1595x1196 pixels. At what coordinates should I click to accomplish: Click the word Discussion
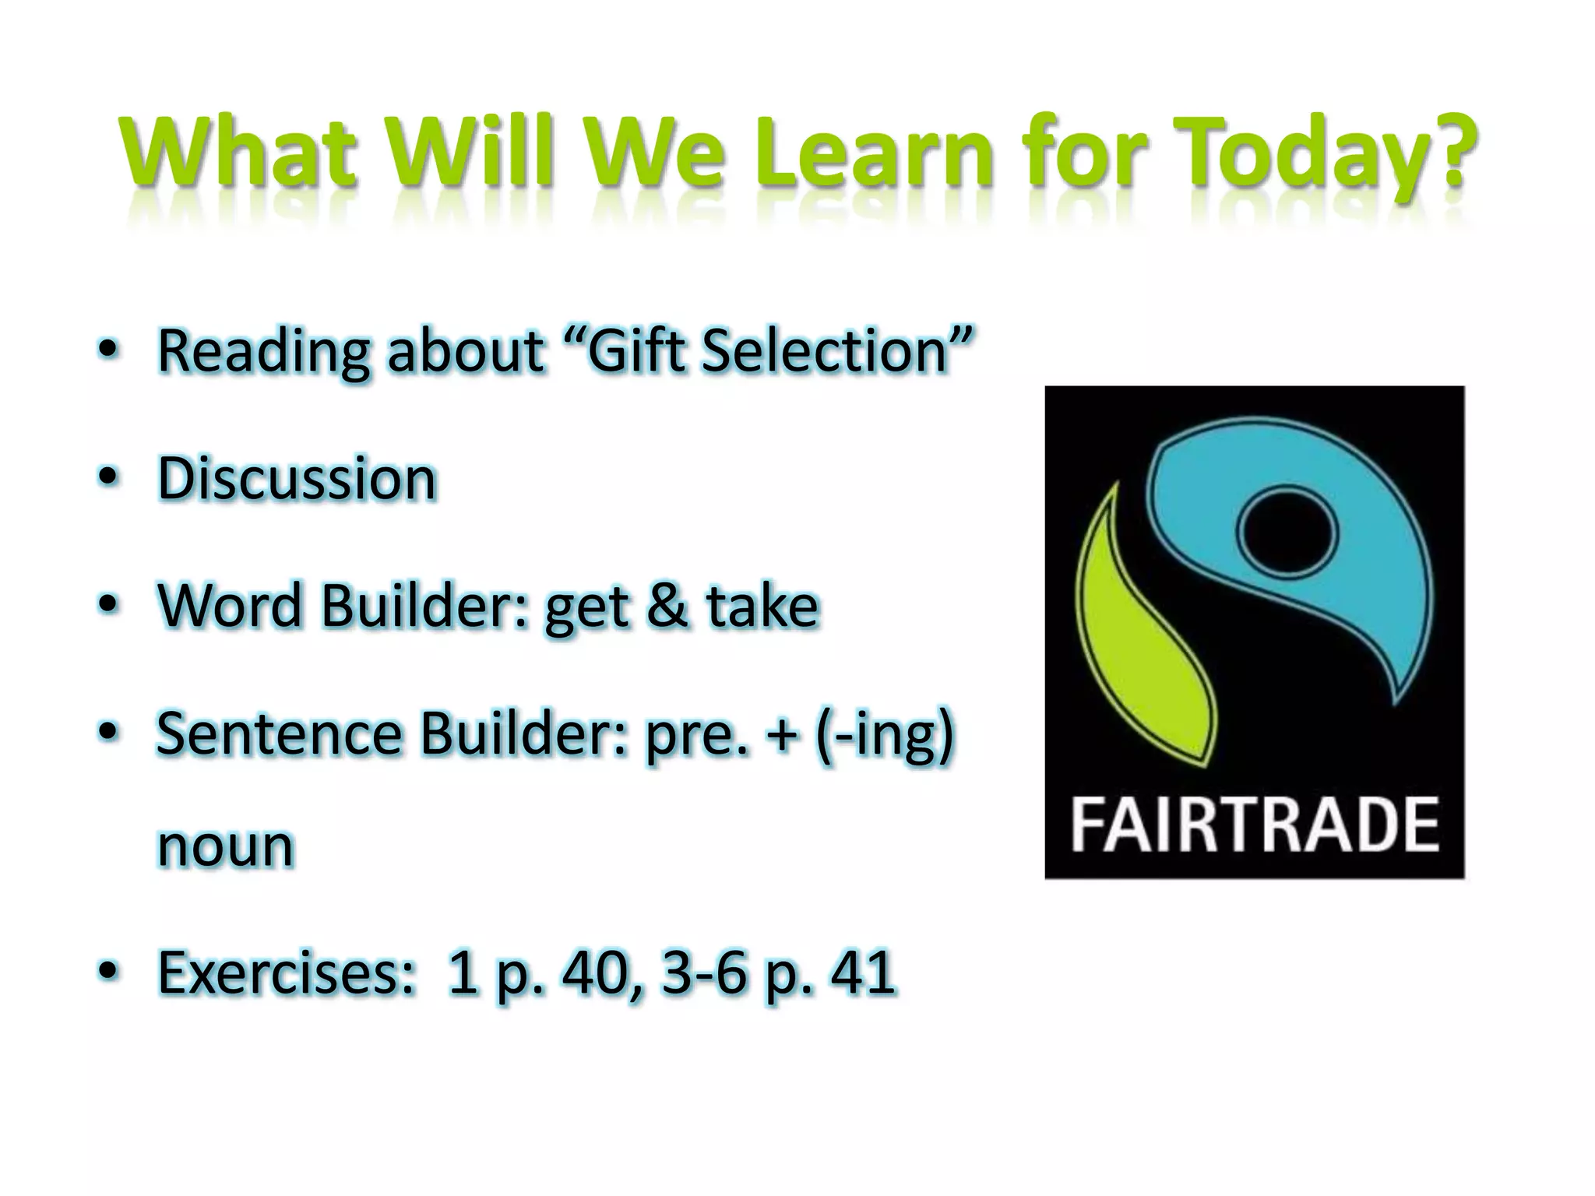click(x=297, y=478)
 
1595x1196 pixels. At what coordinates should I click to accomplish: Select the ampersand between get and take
click(x=667, y=606)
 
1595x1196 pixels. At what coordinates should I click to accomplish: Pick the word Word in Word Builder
click(x=230, y=606)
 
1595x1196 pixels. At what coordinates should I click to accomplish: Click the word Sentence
click(x=279, y=733)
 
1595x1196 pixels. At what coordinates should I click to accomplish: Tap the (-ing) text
click(x=884, y=736)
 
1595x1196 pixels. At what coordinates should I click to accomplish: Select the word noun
click(x=226, y=846)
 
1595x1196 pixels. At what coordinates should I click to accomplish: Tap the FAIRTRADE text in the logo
click(x=1255, y=826)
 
